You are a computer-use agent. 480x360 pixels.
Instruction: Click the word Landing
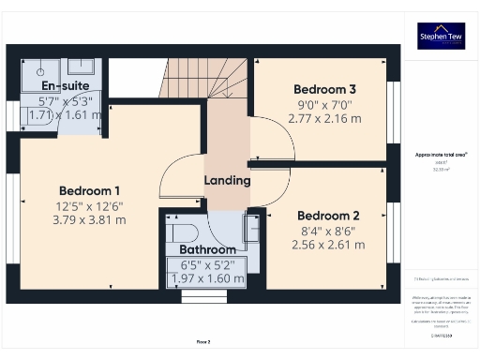click(227, 180)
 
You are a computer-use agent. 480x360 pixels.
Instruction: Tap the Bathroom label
click(208, 250)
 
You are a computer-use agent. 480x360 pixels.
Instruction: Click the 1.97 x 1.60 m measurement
click(208, 279)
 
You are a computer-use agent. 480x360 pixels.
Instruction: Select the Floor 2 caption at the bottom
click(202, 342)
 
